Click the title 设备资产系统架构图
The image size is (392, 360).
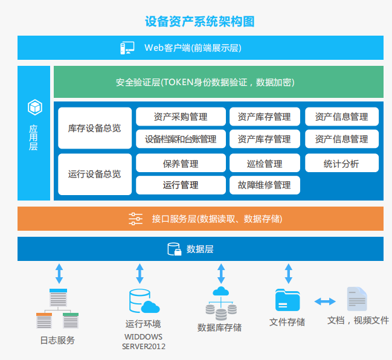[199, 22]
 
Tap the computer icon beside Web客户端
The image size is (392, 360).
[127, 48]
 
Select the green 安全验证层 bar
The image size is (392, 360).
[218, 82]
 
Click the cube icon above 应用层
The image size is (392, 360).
[34, 108]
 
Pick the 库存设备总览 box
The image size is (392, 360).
[94, 128]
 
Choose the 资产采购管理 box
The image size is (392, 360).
[181, 117]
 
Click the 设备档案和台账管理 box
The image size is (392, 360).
[181, 139]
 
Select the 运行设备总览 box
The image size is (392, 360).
[94, 174]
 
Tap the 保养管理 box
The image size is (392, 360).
[181, 163]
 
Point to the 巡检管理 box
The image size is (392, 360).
[265, 163]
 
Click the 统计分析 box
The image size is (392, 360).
[341, 163]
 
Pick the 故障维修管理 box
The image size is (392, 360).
[265, 185]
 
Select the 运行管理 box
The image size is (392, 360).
[181, 185]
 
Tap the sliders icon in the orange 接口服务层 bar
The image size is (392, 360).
[135, 219]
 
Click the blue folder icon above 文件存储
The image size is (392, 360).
[288, 300]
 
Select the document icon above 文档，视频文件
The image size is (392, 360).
[356, 300]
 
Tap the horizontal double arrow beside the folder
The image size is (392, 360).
[324, 301]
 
